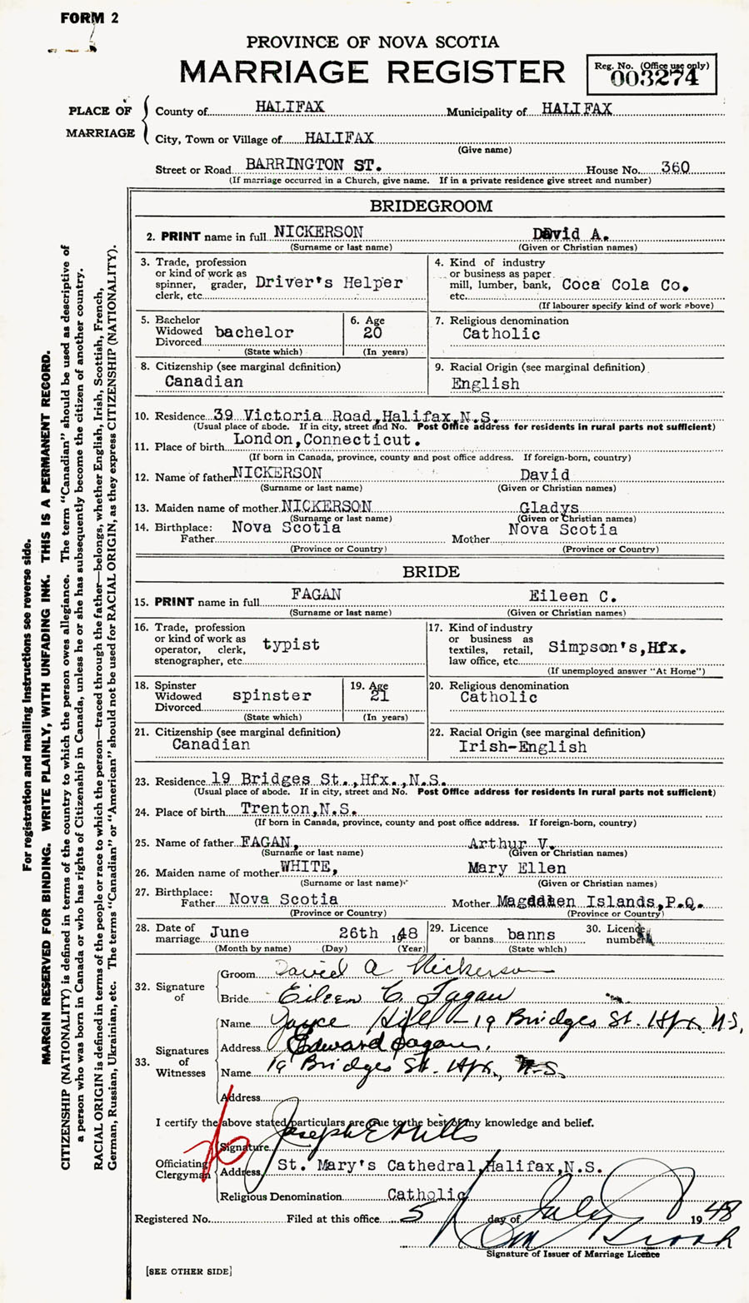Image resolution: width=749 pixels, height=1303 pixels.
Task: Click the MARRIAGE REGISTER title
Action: tap(372, 72)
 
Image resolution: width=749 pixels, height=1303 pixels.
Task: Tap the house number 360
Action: tap(675, 167)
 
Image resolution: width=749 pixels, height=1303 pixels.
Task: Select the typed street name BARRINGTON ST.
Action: tap(313, 166)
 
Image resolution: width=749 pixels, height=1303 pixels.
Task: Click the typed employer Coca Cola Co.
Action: tap(626, 284)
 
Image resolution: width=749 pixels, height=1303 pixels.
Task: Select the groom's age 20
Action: tap(373, 332)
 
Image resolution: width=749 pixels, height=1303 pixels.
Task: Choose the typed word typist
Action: tap(291, 644)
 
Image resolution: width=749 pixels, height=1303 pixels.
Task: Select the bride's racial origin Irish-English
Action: tap(522, 747)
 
